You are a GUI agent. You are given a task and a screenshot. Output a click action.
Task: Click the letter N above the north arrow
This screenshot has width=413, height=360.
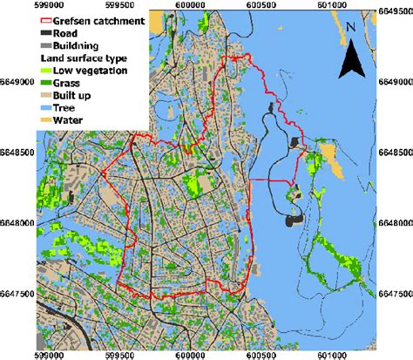[349, 27]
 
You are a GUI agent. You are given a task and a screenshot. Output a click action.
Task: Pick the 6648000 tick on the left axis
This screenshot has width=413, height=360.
[17, 223]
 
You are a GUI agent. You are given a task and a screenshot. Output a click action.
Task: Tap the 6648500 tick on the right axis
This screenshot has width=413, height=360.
[395, 151]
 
